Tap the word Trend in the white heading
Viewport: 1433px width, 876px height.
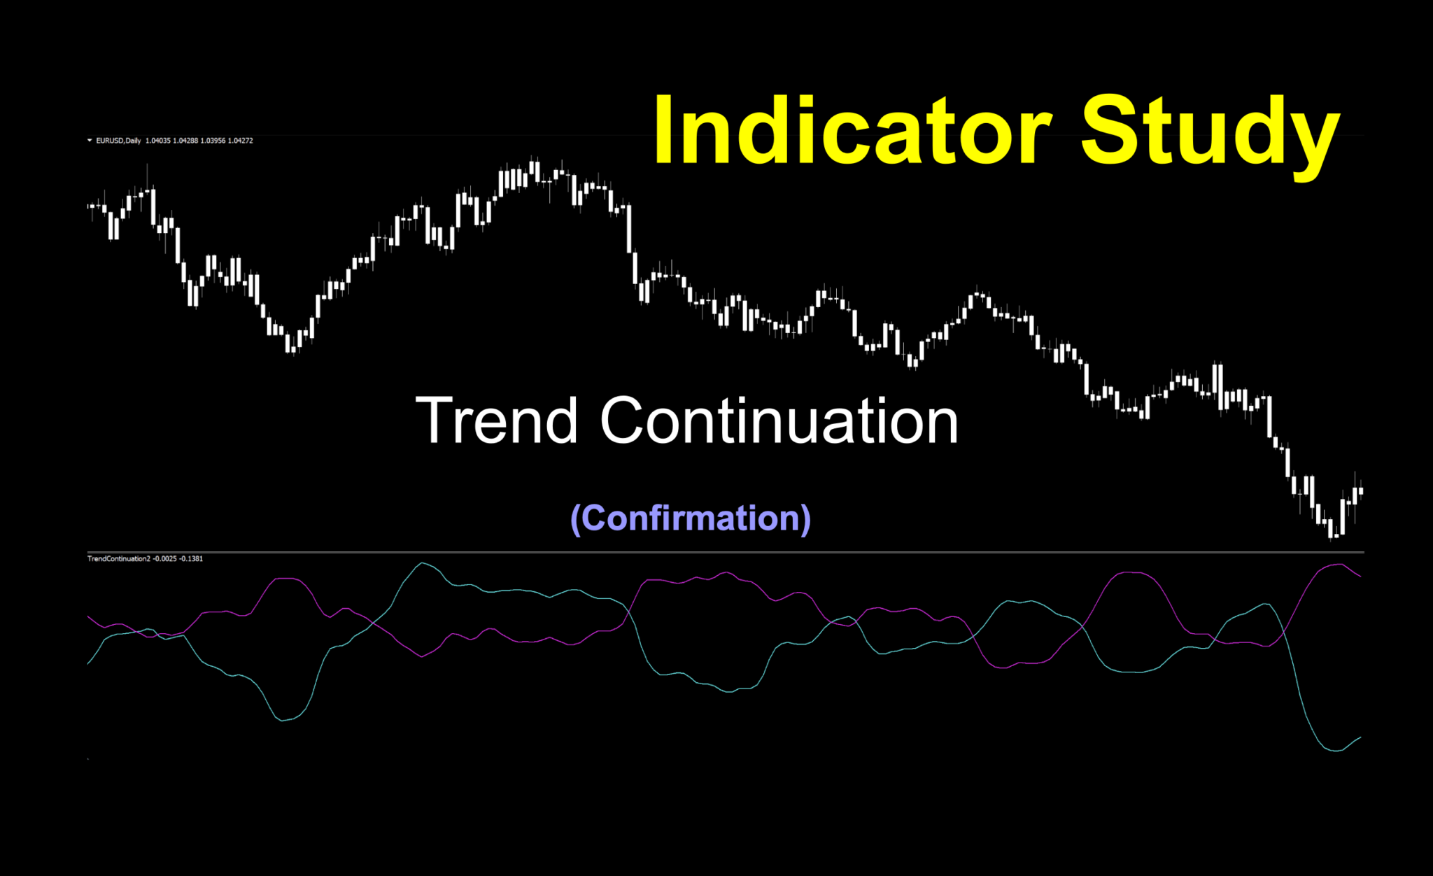point(496,421)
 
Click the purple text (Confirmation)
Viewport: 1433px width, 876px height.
point(691,518)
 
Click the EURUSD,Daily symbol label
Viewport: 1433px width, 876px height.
point(118,141)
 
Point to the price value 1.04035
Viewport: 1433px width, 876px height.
point(157,141)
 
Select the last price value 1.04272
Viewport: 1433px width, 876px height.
point(240,141)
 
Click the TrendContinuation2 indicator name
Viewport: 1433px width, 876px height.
point(118,558)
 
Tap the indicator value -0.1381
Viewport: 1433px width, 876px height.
point(191,558)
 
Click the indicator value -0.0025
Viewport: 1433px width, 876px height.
point(165,558)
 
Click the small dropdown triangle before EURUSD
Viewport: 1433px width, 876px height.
point(90,141)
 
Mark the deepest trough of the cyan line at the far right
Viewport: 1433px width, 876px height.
point(1335,751)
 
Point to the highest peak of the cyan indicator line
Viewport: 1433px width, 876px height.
point(421,563)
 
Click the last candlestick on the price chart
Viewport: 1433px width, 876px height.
point(1360,492)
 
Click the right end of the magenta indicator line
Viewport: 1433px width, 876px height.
point(1360,577)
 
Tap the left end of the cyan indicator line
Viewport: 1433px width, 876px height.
point(88,663)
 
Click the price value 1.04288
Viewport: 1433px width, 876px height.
point(185,141)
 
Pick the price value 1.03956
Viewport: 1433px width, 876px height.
point(213,141)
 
